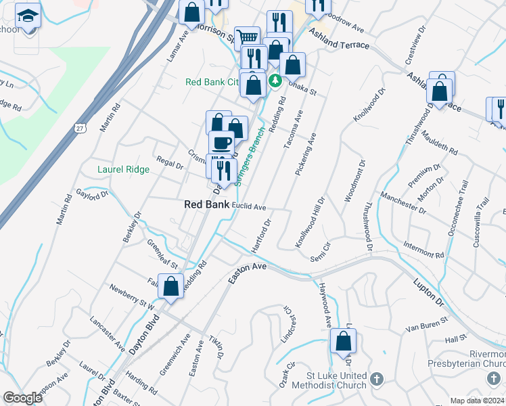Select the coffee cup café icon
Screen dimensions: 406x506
[x=221, y=143]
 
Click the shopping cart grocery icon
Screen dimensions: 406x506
[x=248, y=38]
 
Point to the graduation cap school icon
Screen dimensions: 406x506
[x=28, y=15]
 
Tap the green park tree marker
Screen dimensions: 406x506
[x=275, y=81]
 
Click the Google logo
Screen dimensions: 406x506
[x=22, y=398]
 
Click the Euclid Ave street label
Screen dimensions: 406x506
[x=249, y=206]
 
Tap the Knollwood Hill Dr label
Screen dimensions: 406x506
[x=310, y=223]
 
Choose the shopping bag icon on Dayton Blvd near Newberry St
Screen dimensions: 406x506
[x=172, y=286]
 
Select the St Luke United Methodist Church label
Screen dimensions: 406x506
[x=327, y=380]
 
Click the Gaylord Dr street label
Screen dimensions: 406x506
[x=93, y=194]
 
